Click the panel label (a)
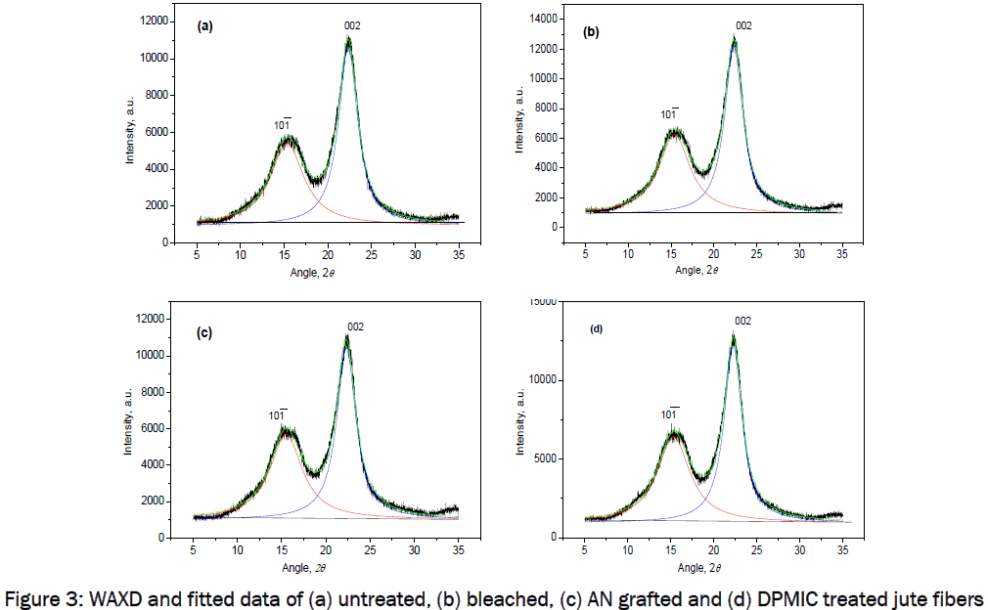point(205,27)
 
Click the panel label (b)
point(591,31)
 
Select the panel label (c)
point(205,332)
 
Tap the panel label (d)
point(595,328)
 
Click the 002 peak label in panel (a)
point(352,25)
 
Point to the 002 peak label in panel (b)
point(742,25)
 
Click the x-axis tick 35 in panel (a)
point(459,255)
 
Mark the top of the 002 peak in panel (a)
point(348,38)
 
